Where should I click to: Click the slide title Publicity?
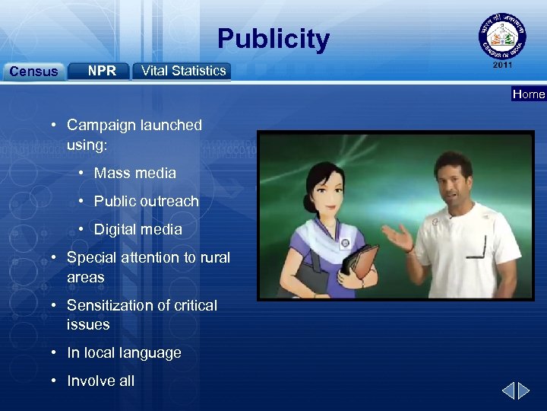click(273, 39)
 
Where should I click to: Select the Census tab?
click(33, 72)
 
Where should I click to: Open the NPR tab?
click(102, 71)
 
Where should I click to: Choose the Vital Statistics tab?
click(183, 71)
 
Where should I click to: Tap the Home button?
click(529, 94)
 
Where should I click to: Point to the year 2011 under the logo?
click(503, 65)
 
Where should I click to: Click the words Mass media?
click(134, 173)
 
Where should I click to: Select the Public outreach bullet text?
click(146, 201)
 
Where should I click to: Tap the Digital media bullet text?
click(138, 229)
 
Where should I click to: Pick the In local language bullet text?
click(124, 352)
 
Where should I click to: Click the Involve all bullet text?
click(100, 381)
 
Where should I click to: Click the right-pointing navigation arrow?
click(524, 391)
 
